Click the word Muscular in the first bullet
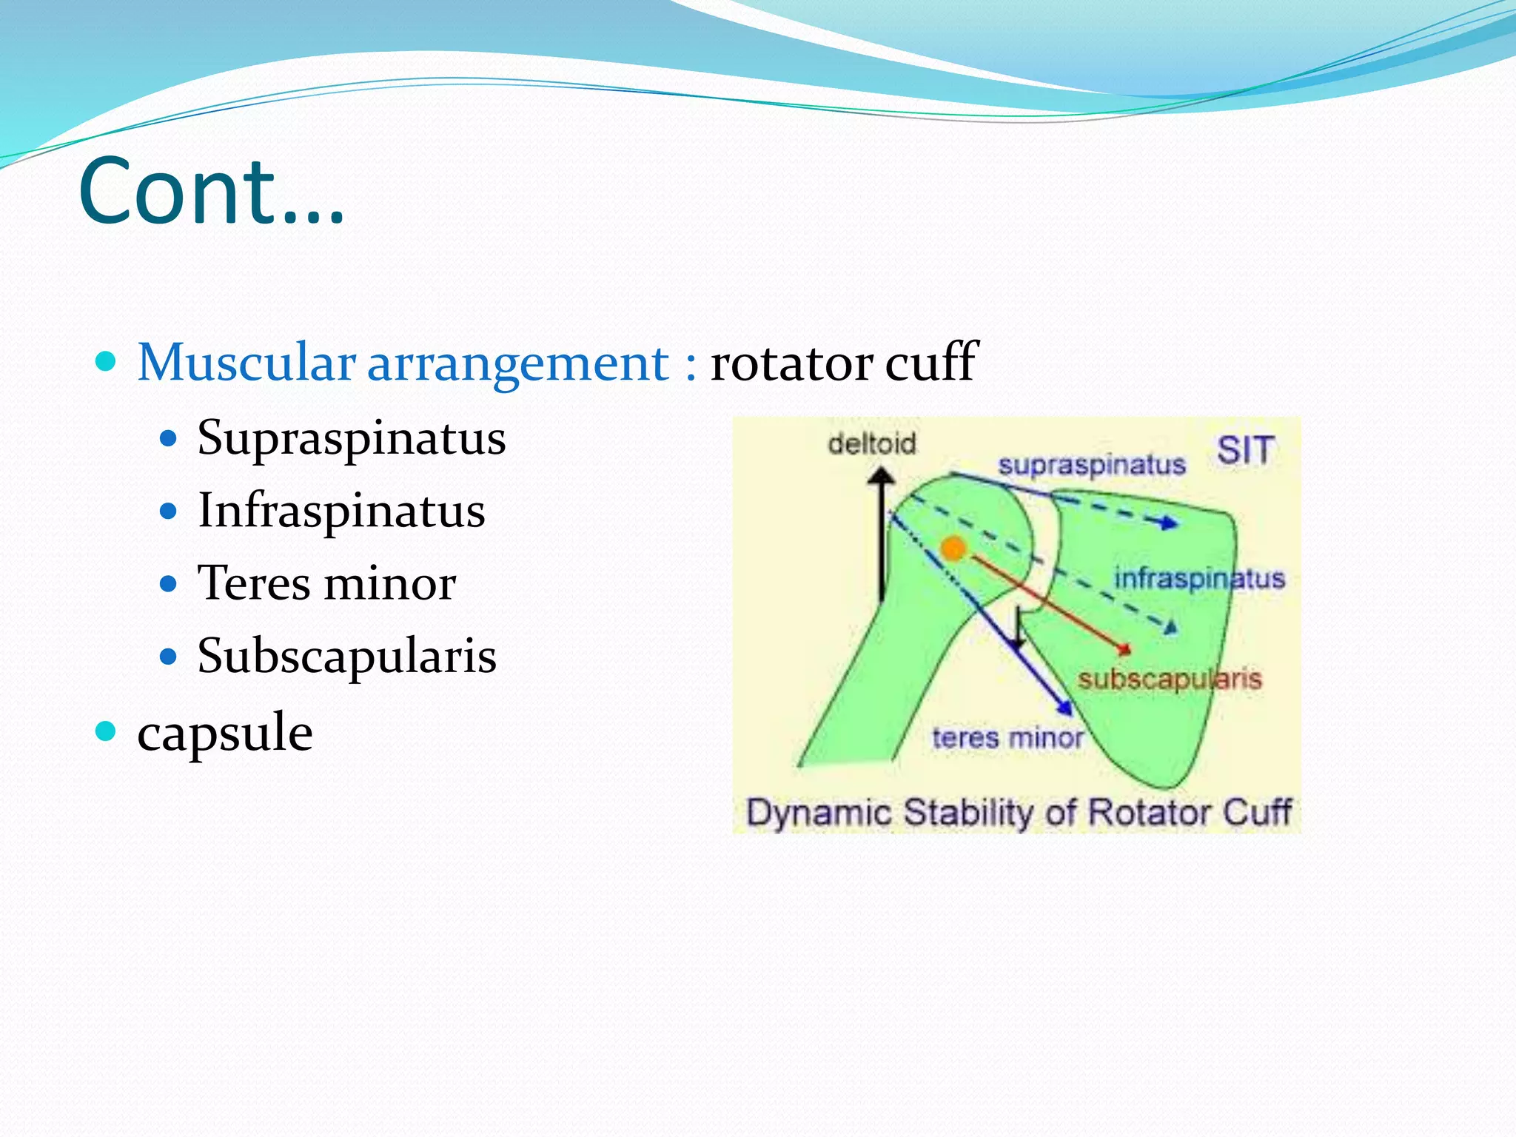[x=246, y=363]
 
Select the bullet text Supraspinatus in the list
[x=351, y=438]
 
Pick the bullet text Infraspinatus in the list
[x=341, y=511]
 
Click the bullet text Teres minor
[x=326, y=583]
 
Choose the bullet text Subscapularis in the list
[x=346, y=656]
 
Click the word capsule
[x=225, y=733]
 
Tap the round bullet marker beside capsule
[x=107, y=731]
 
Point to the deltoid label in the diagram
[x=871, y=444]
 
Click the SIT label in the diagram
[x=1245, y=450]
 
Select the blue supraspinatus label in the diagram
[x=1091, y=465]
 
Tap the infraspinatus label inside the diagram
[x=1199, y=578]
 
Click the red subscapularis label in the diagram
[x=1169, y=679]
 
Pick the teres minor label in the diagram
[x=1007, y=737]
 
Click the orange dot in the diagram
[x=953, y=549]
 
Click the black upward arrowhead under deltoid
[x=881, y=476]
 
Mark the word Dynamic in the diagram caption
[x=818, y=813]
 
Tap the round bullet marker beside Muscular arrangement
[x=107, y=361]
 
